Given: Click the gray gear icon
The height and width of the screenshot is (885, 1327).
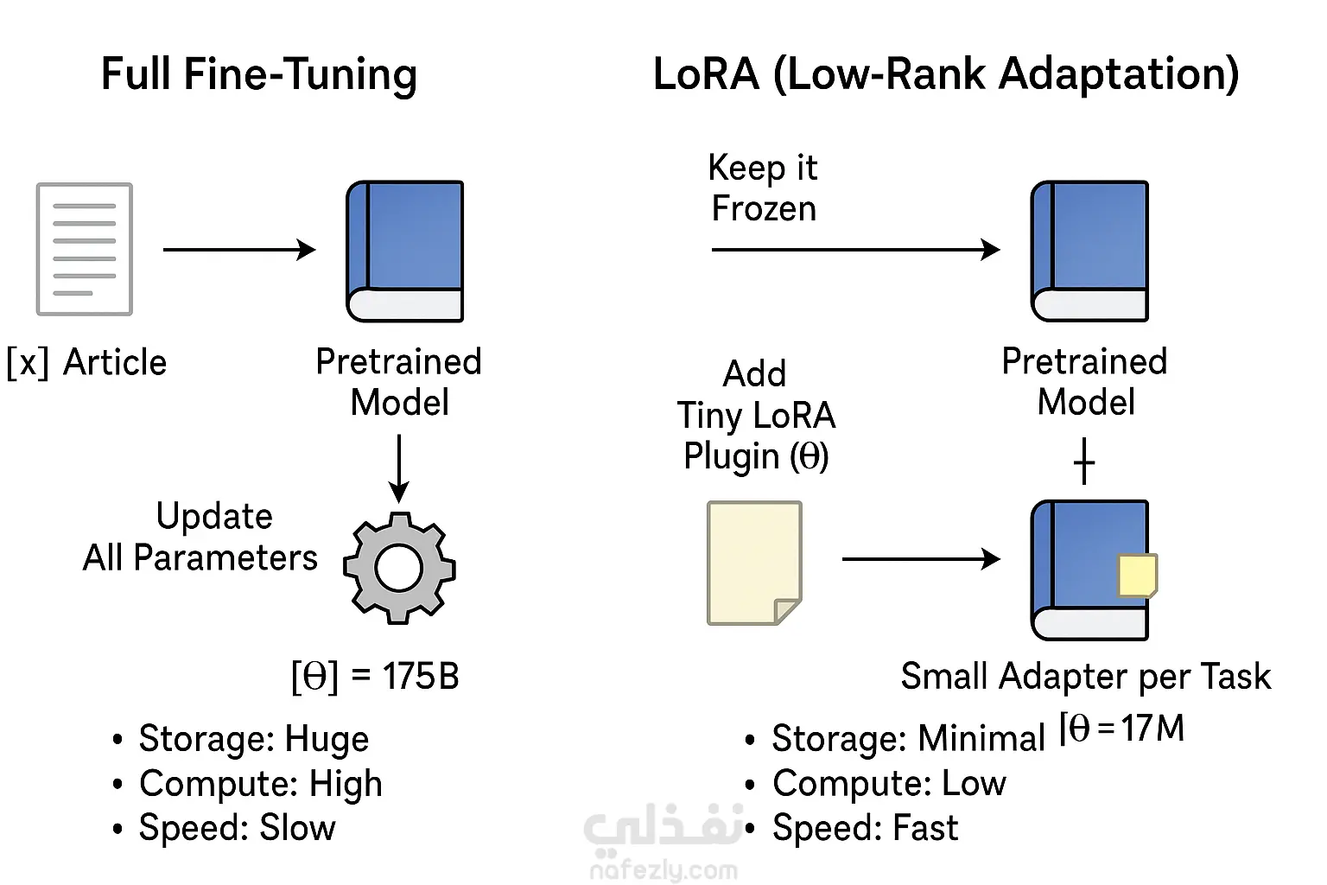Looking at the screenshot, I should [x=399, y=568].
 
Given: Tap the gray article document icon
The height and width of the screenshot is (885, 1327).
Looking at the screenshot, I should [x=84, y=249].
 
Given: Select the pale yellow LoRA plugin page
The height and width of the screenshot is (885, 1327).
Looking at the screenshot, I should [x=754, y=563].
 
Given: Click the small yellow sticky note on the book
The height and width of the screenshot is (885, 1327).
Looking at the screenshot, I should [x=1137, y=576].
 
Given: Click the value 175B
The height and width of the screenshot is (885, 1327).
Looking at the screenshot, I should [x=421, y=677].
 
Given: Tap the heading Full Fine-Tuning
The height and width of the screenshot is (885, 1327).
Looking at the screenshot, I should [x=259, y=73].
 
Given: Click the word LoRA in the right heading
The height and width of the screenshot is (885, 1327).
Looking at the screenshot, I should [x=705, y=73].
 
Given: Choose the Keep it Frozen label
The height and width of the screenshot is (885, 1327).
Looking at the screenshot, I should [x=763, y=188].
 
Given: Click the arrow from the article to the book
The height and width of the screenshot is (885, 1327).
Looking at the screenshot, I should [x=239, y=250].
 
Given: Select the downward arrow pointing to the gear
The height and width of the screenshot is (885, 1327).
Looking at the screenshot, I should [x=398, y=468].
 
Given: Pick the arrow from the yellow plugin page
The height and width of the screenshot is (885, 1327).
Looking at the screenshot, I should [x=920, y=559].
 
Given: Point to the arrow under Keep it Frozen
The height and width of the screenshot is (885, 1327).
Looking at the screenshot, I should [x=855, y=250].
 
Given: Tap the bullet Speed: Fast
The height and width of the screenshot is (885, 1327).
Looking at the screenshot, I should [x=864, y=828].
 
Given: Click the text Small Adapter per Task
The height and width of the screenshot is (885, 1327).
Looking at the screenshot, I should [x=1085, y=676].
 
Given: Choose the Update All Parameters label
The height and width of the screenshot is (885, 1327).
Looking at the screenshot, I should [x=200, y=537].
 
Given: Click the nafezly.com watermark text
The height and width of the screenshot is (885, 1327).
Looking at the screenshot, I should [x=663, y=869].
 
